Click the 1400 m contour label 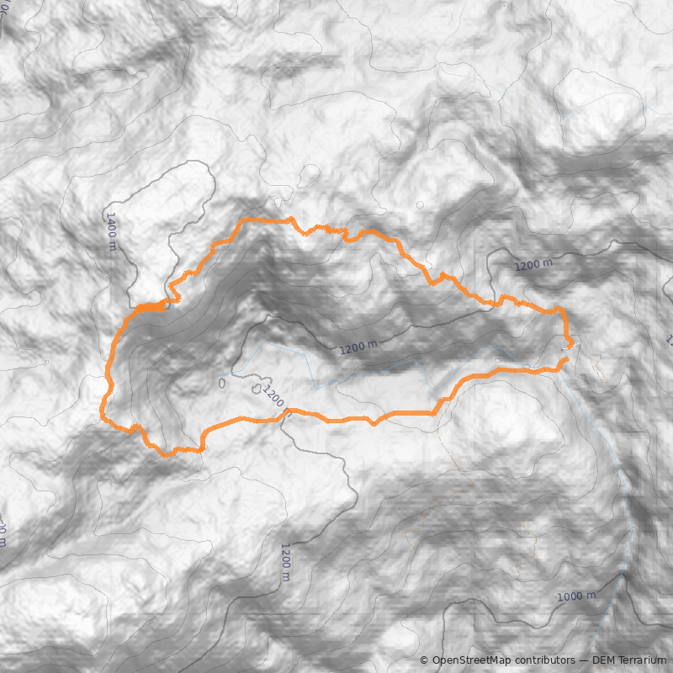[x=111, y=231]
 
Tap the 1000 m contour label [x=576, y=596]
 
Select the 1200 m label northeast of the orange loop [x=534, y=265]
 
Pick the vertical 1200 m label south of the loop [x=285, y=561]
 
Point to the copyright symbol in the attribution [x=424, y=660]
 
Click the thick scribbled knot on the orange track [x=150, y=308]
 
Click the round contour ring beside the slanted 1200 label [x=256, y=389]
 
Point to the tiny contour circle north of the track [x=420, y=204]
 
